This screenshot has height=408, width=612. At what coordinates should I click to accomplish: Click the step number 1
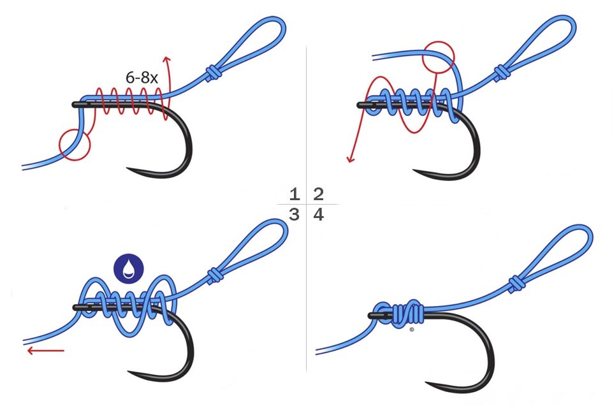(294, 194)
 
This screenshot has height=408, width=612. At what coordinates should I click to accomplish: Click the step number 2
(318, 194)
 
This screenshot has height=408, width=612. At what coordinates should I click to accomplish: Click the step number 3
(294, 215)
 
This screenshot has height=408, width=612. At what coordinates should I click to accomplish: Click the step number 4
(318, 215)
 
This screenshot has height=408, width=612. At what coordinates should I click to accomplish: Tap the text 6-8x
(142, 79)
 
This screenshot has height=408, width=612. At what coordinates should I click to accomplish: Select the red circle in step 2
(439, 56)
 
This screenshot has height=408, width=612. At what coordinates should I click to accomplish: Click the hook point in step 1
(129, 170)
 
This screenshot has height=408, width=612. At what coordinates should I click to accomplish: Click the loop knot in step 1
(213, 73)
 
